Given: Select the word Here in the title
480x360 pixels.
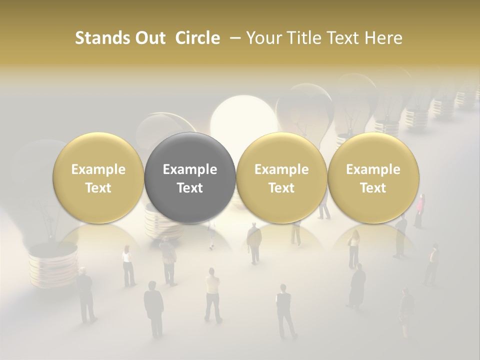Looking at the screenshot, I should point(384,38).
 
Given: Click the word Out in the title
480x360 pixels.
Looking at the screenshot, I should point(149,38).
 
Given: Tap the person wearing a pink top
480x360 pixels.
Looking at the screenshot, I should point(419,210).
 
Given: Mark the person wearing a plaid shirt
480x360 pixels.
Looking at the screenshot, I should point(169,260).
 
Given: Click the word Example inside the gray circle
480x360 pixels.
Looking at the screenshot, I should point(190,169).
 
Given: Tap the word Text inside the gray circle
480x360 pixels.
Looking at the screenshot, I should point(190,188).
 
